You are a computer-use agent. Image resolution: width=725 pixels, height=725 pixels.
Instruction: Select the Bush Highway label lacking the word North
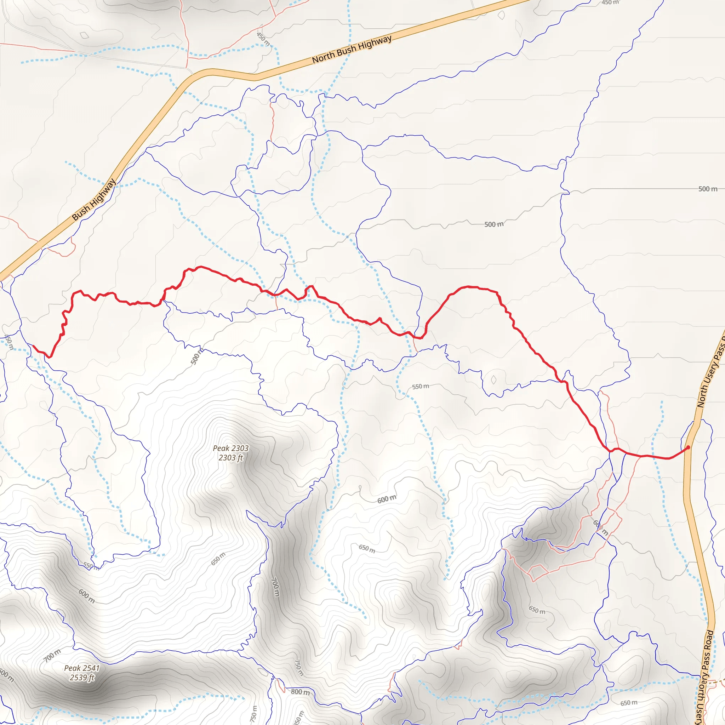coord(94,200)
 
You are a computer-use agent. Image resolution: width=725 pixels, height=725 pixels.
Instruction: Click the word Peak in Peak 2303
coord(220,449)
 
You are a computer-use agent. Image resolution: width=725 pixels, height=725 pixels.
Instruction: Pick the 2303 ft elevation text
coord(231,458)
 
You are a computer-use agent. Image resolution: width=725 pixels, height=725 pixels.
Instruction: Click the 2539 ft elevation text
coord(82,677)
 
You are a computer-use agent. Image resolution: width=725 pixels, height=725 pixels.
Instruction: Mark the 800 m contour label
coord(300,692)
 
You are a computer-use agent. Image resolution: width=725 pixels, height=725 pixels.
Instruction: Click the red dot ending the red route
coord(688,447)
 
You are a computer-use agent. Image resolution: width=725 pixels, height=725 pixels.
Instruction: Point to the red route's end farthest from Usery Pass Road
coord(34,346)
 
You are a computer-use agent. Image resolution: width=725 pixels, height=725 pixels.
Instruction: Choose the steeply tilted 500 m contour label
coord(196,356)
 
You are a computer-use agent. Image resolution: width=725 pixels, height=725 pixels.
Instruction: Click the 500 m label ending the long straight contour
coord(707,189)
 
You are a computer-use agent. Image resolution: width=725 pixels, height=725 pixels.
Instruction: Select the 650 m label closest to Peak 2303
coord(218,559)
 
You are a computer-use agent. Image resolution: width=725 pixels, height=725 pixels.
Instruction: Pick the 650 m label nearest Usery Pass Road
coord(629,702)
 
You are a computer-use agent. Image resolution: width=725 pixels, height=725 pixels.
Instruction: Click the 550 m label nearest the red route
coord(420,387)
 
